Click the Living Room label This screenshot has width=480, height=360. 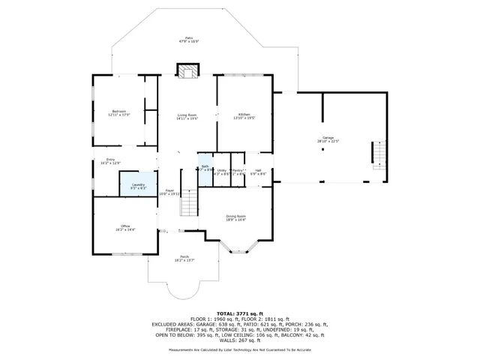tap(187, 116)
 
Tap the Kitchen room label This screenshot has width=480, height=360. tap(244, 116)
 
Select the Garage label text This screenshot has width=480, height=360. tap(328, 139)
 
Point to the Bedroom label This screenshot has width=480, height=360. tap(119, 113)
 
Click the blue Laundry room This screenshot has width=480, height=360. tap(139, 184)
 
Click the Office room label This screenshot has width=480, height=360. tap(125, 227)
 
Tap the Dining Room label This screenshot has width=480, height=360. tap(236, 218)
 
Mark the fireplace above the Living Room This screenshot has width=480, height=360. tap(187, 70)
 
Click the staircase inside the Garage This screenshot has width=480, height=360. tap(380, 155)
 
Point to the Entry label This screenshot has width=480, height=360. tap(111, 161)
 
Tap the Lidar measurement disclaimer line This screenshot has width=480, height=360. tap(239, 349)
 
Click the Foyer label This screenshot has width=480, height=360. tap(170, 192)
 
